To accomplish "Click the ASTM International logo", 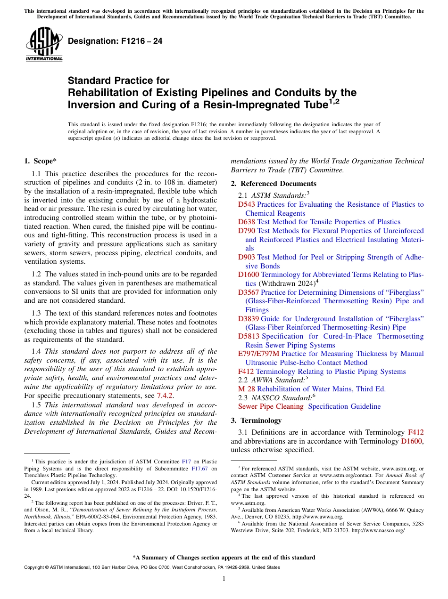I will pos(44,44).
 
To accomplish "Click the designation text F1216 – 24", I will pos(115,41).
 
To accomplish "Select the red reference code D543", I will pos(246,204).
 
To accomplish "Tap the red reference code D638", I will pos(246,222).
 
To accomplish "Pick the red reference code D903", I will pos(246,257).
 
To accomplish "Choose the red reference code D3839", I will pos(248,319).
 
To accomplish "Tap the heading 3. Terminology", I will pos(256,421).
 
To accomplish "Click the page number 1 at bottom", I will pos(224,579).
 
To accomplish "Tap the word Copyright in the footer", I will pos(36,567).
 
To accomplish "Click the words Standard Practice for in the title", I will pos(118,81).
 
